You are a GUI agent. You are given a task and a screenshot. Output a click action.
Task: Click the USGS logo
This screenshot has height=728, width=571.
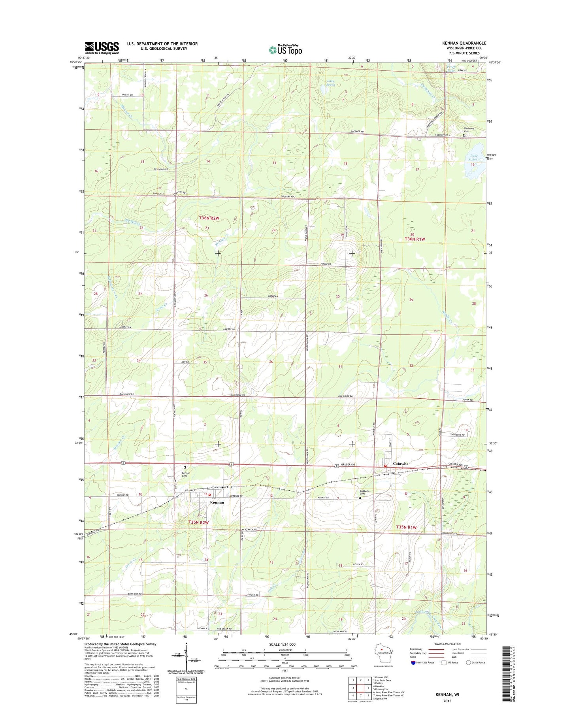[102, 48]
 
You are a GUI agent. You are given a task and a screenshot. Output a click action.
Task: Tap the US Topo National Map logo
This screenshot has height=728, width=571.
[285, 50]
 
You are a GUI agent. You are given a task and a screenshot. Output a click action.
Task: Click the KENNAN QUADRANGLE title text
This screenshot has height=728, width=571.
[465, 43]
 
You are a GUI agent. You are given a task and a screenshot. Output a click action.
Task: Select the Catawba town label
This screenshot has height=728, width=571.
[400, 464]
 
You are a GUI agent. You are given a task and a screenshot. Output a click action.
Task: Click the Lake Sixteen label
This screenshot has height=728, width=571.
[474, 157]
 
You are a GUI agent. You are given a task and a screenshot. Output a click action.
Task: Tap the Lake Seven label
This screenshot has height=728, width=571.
[331, 83]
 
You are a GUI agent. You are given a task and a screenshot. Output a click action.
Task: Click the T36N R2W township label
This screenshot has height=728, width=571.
[209, 218]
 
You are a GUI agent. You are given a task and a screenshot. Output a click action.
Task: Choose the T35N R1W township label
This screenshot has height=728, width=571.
[406, 527]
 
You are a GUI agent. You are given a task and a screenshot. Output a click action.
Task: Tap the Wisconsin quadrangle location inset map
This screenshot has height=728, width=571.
[382, 661]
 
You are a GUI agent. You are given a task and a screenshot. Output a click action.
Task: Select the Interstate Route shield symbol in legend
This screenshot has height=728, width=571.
[413, 674]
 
